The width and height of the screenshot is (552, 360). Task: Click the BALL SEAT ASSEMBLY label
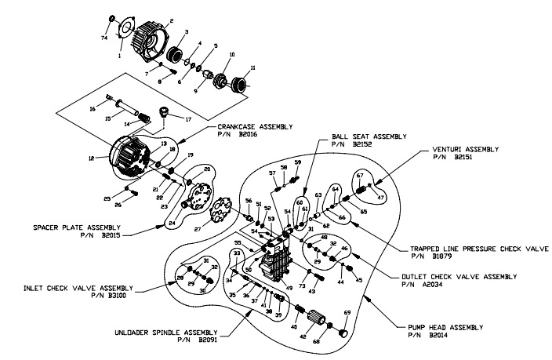click(x=369, y=136)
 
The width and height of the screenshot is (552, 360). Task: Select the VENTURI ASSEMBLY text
click(x=472, y=147)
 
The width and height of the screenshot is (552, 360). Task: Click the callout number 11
click(x=253, y=69)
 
